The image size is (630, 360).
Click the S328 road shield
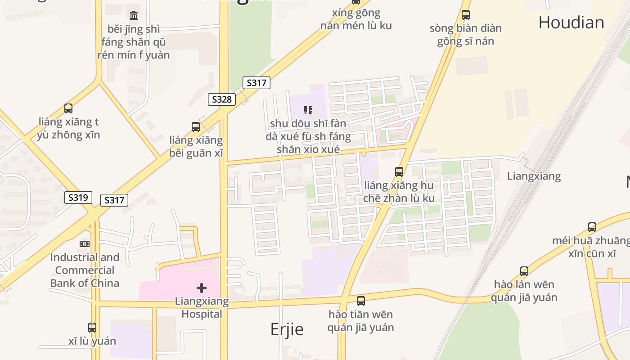point(222,99)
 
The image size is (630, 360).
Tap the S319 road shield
point(78,198)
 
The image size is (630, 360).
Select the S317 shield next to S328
point(256,83)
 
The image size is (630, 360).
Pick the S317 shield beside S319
point(114,200)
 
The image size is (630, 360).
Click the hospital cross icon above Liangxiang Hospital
point(202,288)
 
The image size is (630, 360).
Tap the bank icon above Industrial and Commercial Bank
point(85,244)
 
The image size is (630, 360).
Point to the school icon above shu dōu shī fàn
point(308,110)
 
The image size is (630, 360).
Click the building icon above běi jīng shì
point(134,16)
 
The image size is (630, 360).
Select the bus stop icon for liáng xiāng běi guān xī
point(196,127)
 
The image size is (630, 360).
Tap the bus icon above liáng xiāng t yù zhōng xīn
point(68,108)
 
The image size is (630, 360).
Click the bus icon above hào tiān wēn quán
point(361,301)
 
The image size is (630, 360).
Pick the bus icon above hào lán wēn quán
point(524,271)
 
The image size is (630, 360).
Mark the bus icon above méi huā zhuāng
point(592,227)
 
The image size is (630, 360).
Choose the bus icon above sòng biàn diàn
point(466,15)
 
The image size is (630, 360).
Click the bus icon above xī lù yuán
point(92,328)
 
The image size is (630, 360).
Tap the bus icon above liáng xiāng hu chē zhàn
point(399,172)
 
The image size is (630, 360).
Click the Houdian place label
point(571,22)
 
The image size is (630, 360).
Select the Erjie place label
point(287,329)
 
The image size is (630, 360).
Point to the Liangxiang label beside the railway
point(534,176)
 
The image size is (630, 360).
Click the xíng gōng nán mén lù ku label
point(356,19)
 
